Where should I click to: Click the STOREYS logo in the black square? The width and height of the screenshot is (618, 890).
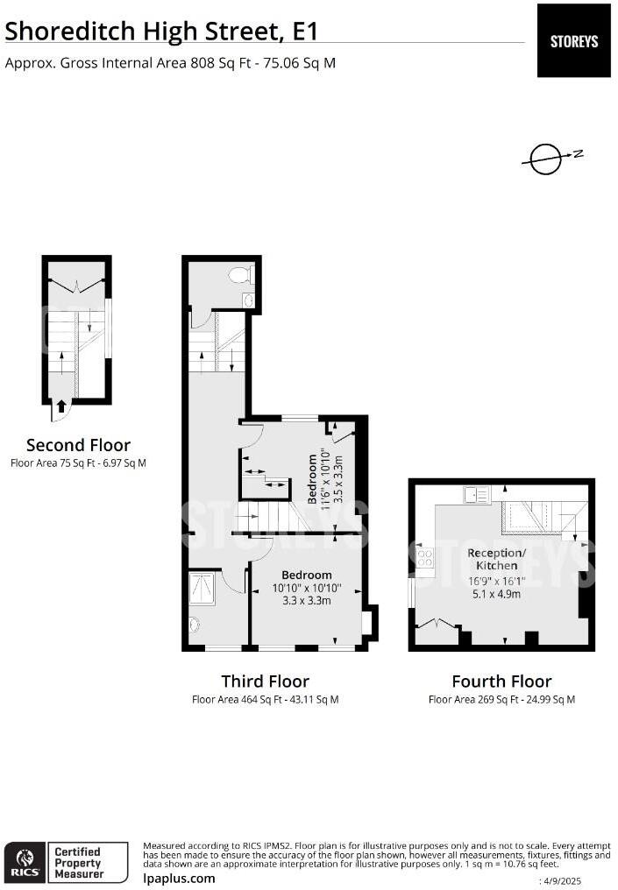point(573,41)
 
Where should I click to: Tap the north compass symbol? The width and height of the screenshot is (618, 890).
point(549,159)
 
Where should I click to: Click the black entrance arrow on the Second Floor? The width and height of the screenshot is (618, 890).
point(61,406)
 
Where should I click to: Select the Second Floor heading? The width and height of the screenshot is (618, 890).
point(78,444)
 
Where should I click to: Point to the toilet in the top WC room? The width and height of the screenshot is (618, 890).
point(241,275)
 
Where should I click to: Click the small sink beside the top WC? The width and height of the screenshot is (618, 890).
point(248,300)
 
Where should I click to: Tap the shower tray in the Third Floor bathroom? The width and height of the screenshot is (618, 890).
point(202,589)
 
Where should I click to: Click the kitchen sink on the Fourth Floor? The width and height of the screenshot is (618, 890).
point(476,495)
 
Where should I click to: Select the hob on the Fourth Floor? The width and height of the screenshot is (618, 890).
point(425,557)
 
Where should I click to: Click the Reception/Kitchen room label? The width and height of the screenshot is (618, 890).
point(496,559)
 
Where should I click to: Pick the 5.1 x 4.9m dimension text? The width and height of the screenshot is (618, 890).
point(496,594)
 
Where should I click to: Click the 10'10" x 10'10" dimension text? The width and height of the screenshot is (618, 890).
point(307,589)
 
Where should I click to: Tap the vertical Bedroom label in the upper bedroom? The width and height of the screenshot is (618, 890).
point(312,479)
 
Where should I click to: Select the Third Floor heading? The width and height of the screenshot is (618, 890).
point(266,681)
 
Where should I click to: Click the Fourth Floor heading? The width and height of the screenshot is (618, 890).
point(501,681)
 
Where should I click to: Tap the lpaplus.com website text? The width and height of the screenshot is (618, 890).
point(179,879)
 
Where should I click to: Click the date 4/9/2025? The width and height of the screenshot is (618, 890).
point(562,881)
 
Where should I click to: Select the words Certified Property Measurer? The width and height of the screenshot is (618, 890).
point(78,862)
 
